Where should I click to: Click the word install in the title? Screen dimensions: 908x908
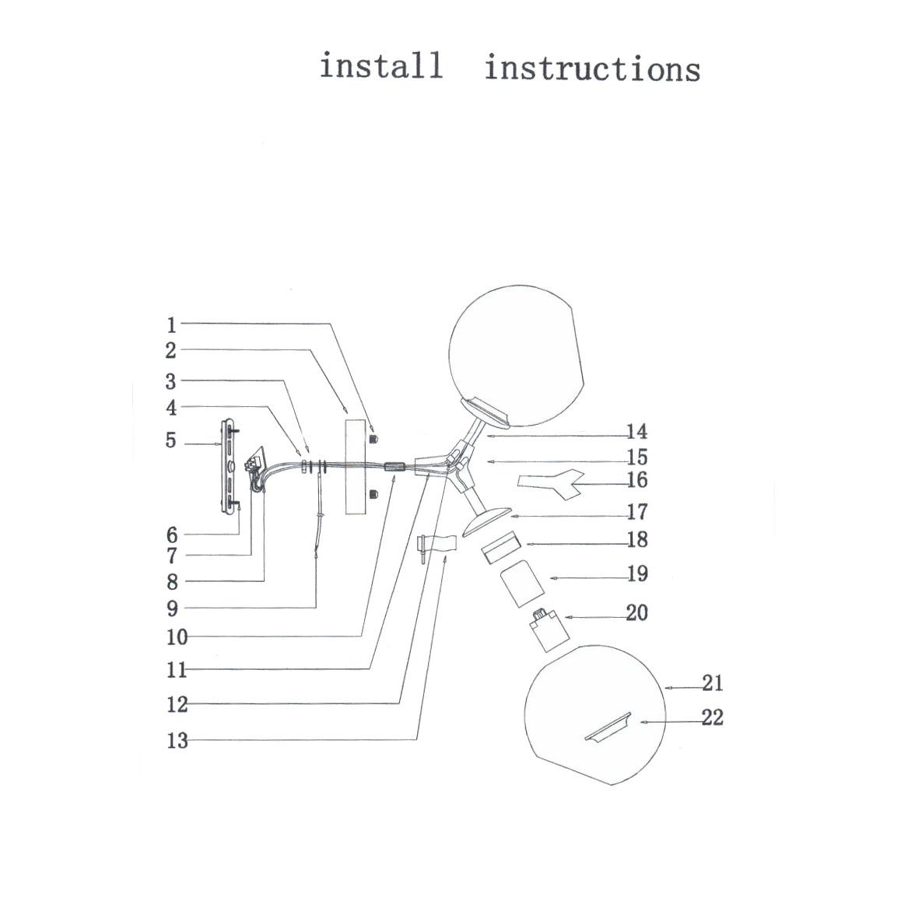(x=381, y=65)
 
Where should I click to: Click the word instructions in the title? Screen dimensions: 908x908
(x=592, y=68)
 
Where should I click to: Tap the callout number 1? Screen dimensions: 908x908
(x=172, y=325)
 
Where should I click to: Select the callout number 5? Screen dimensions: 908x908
(x=171, y=441)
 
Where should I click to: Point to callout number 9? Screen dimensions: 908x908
(x=172, y=608)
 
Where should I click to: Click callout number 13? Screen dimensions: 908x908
(x=177, y=741)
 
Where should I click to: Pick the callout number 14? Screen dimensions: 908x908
(x=636, y=432)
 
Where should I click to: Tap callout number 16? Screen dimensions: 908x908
(x=636, y=481)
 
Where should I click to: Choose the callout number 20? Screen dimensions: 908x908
(x=636, y=613)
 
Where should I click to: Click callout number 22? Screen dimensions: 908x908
(x=712, y=717)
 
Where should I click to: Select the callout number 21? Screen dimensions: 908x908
(x=712, y=683)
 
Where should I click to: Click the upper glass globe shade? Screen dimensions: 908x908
(x=517, y=354)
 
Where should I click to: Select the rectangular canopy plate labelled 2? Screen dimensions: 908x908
(x=357, y=466)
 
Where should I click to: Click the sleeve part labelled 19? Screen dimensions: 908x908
(x=519, y=583)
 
